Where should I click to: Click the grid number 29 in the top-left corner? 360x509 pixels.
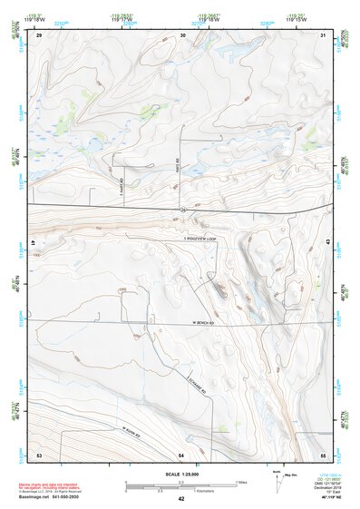(40, 34)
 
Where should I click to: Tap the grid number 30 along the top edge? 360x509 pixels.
(183, 34)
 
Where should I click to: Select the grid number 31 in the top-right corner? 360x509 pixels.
(324, 34)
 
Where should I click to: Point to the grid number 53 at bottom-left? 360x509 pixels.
(39, 453)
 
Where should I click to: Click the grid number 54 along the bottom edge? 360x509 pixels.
(181, 453)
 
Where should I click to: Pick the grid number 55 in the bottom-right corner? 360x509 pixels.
(323, 453)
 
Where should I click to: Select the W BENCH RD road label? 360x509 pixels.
(207, 322)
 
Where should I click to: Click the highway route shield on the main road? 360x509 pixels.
(182, 210)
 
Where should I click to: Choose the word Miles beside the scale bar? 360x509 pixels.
(242, 481)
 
